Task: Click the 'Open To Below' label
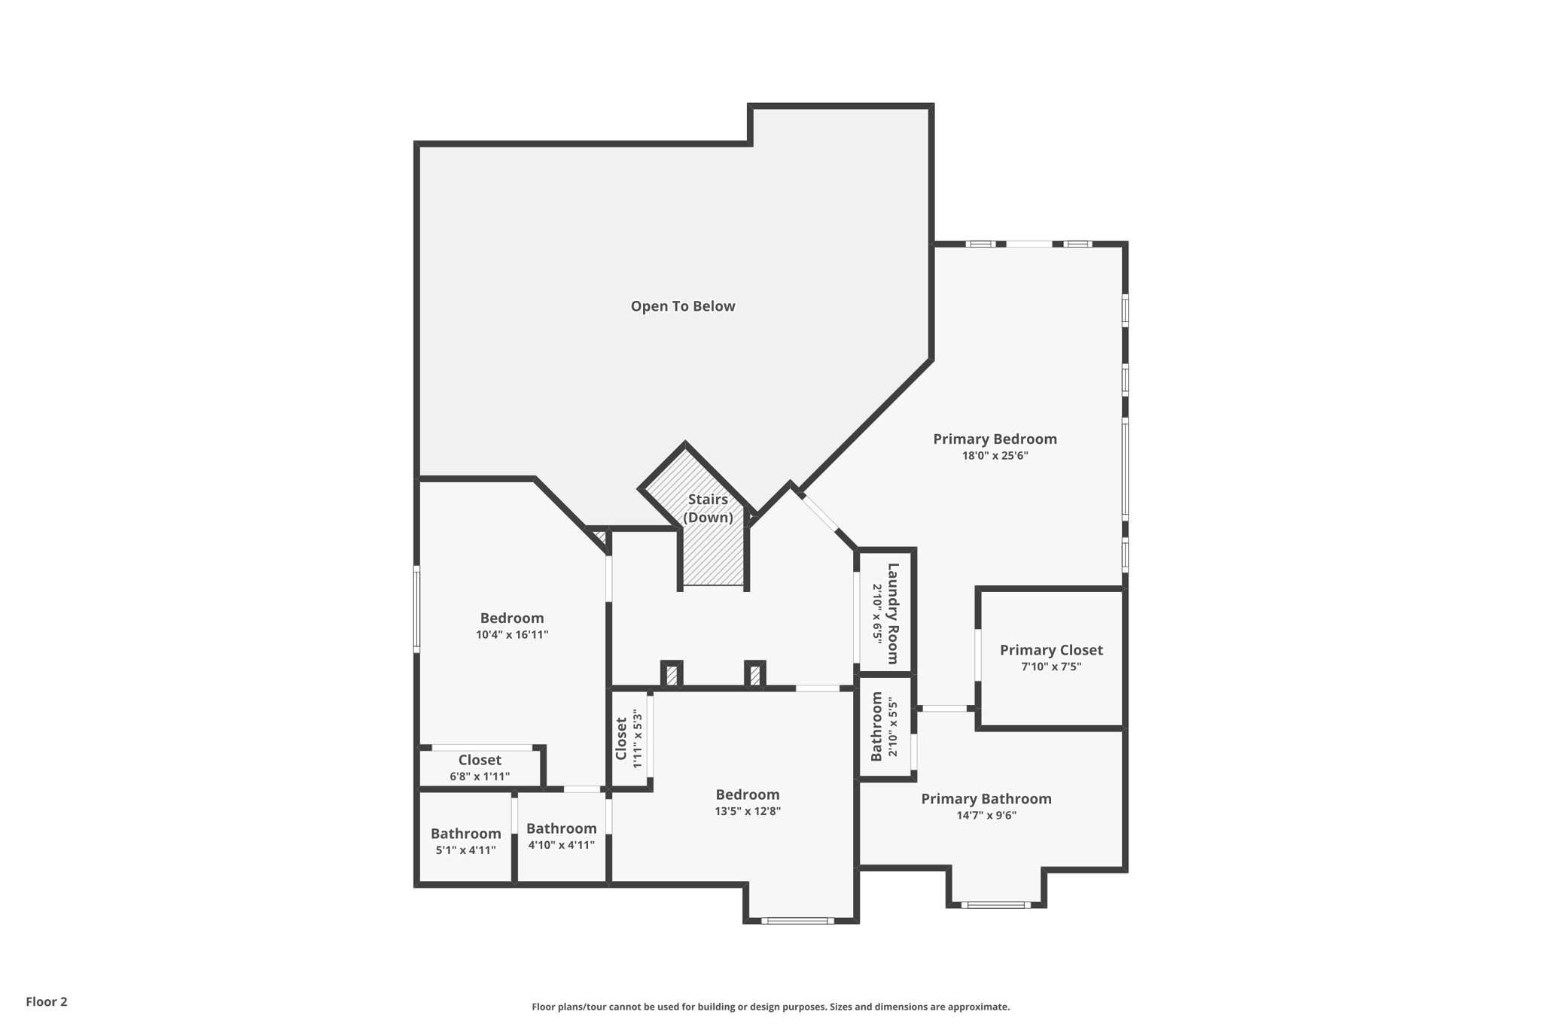682,306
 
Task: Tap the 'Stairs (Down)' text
708,509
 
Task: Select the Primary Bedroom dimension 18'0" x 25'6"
995,455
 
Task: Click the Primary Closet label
1051,650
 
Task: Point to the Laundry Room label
893,613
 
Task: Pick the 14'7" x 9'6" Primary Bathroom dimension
986,815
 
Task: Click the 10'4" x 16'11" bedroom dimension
512,634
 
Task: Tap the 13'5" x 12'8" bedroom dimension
748,811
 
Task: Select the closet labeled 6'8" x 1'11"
480,767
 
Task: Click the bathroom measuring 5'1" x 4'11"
465,841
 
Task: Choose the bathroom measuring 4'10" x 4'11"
562,836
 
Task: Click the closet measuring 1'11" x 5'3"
629,739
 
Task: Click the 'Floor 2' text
47,1001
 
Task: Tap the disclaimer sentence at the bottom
770,1007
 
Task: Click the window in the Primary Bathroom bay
995,904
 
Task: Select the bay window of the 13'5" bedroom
797,920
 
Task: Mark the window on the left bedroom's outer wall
416,609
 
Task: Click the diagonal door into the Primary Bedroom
819,512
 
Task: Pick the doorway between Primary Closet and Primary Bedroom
978,655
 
